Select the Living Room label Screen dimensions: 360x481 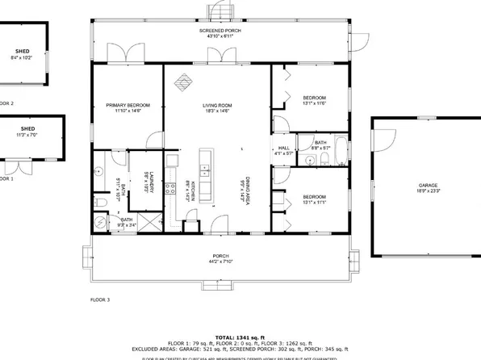216,107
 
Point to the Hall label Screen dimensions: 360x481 284,150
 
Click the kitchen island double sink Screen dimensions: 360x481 204,171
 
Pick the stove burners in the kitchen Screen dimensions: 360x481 170,190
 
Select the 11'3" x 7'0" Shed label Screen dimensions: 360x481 27,132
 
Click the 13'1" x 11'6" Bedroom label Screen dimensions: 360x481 313,100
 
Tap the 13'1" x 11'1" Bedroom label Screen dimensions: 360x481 313,199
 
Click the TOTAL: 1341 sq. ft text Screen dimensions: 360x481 240,337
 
